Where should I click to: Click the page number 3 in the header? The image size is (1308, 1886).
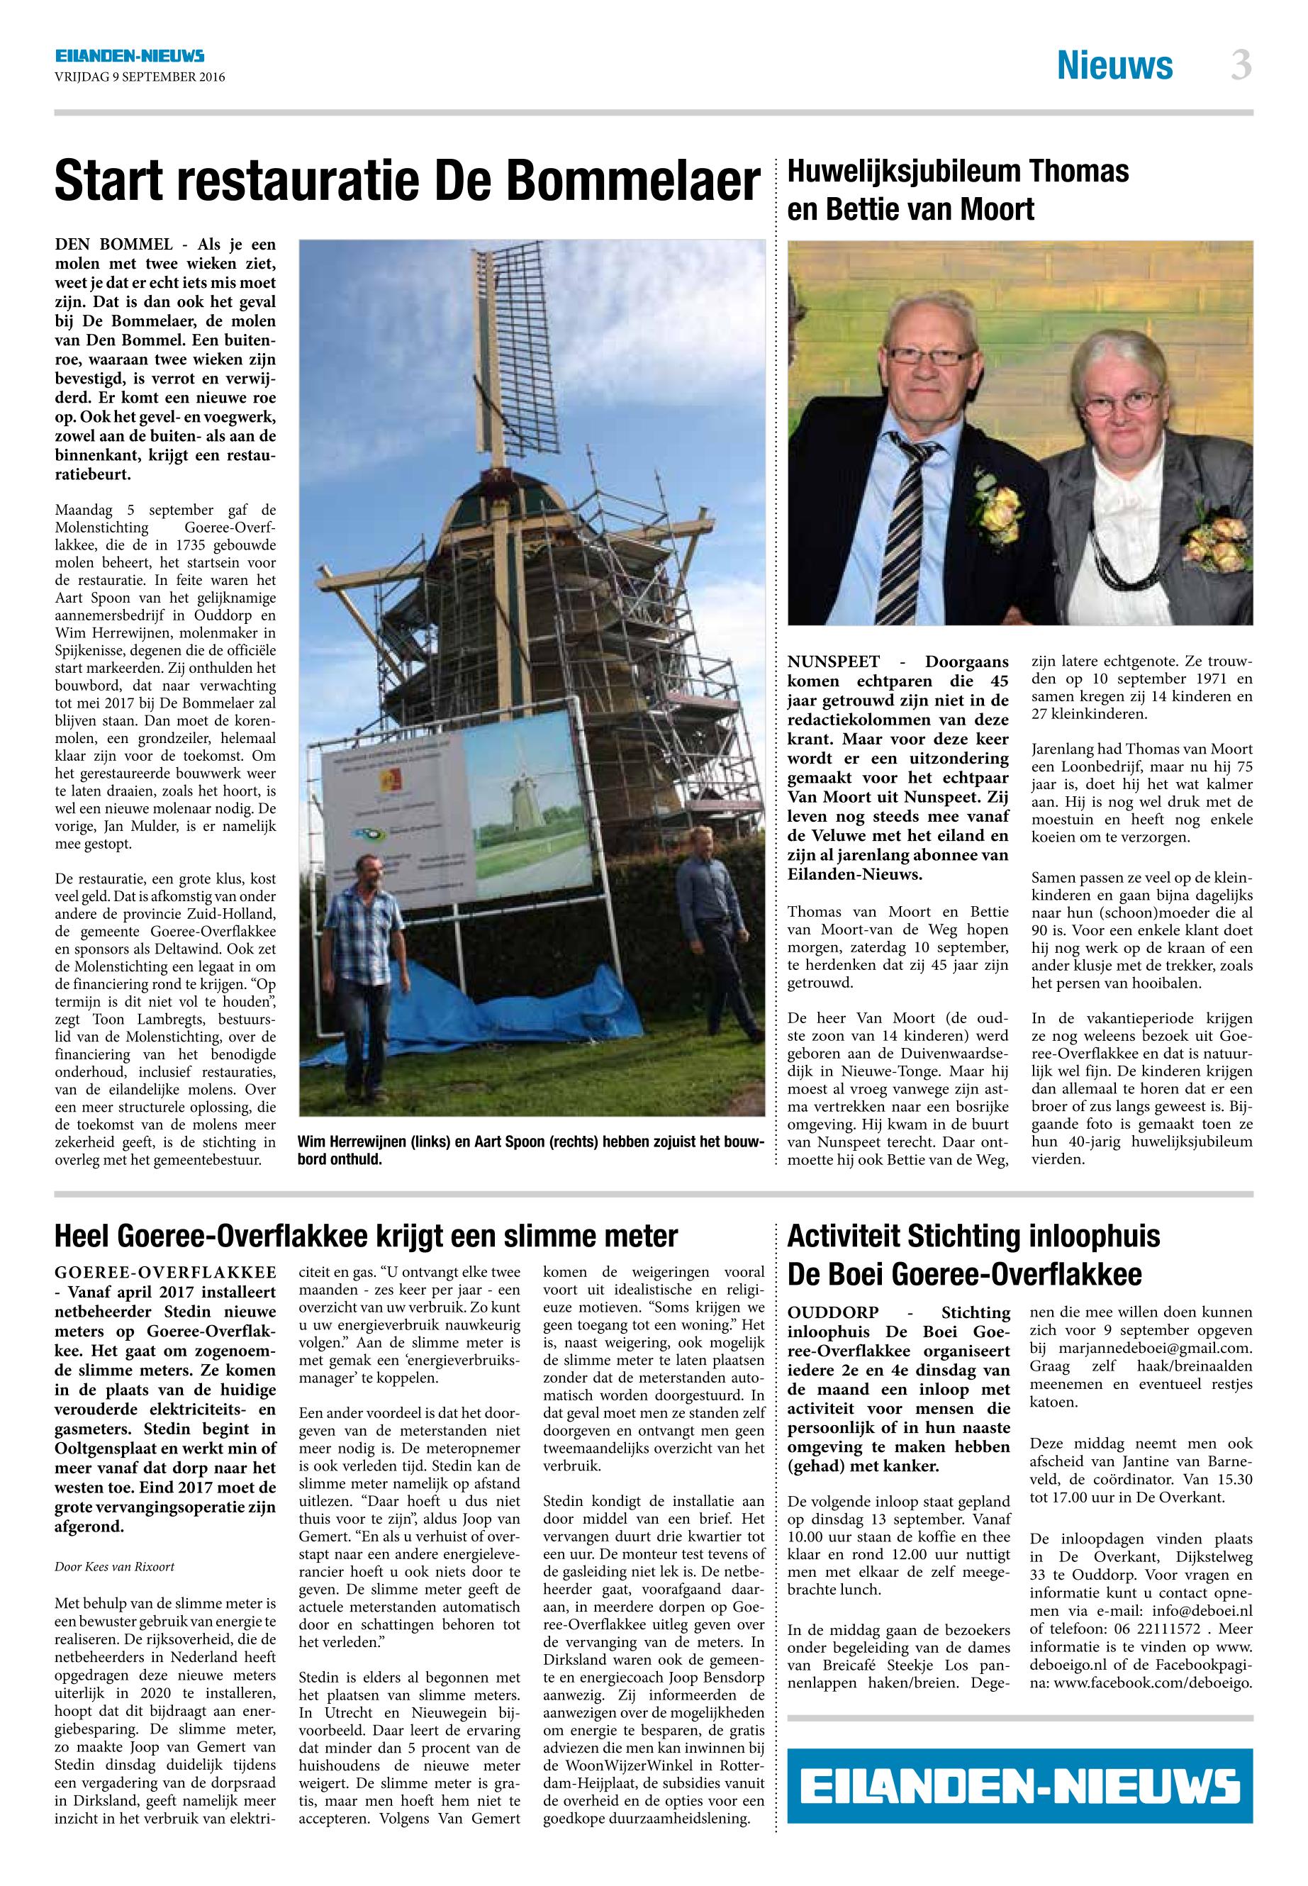(1241, 65)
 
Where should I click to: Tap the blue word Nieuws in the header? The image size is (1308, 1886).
(1114, 65)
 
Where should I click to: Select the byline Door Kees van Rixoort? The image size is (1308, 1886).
(114, 1566)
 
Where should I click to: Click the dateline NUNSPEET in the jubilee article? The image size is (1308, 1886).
(834, 662)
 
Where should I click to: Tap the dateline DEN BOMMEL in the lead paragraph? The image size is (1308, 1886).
(114, 244)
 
